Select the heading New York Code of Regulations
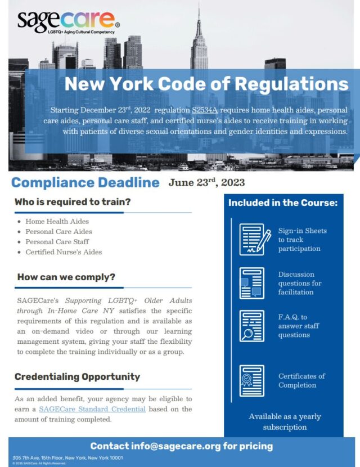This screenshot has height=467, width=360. [x=206, y=84]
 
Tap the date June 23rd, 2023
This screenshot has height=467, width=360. [x=206, y=182]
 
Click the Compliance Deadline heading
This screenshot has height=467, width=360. [x=85, y=182]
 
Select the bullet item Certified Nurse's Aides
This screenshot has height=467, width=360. [x=64, y=252]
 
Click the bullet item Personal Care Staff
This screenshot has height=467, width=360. [x=57, y=242]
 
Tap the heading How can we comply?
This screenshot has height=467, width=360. [x=66, y=277]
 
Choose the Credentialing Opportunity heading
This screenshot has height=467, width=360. [x=77, y=376]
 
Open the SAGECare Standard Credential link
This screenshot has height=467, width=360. [x=92, y=409]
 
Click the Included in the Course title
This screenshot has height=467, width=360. [x=282, y=203]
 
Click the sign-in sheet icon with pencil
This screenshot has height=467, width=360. [x=254, y=239]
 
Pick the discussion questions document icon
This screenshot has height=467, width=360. [x=251, y=283]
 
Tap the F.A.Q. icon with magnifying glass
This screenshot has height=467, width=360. [x=251, y=326]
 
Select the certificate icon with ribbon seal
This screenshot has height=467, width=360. [x=251, y=380]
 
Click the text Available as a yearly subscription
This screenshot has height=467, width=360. [x=285, y=422]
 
